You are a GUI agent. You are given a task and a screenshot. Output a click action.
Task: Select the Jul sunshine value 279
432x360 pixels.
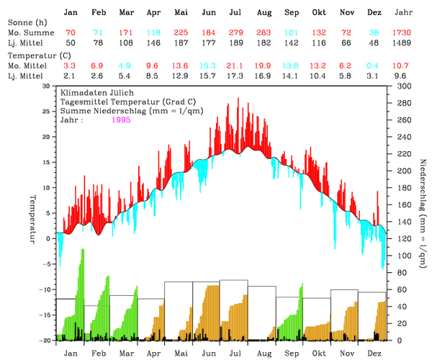click(235, 34)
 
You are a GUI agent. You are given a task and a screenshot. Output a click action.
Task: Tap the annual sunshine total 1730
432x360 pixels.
click(404, 34)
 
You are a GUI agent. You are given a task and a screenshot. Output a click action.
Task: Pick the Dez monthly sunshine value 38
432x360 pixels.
click(374, 34)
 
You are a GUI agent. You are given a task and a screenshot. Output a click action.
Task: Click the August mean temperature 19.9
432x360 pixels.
click(264, 66)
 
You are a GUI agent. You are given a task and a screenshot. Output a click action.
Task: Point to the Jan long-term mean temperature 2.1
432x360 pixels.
click(70, 76)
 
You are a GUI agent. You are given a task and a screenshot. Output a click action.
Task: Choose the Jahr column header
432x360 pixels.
click(404, 13)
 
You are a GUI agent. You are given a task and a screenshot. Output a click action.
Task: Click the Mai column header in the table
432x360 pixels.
click(181, 13)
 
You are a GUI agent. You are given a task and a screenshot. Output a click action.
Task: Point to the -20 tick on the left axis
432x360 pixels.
click(45, 339)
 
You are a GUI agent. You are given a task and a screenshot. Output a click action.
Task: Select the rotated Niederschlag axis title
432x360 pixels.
click(422, 212)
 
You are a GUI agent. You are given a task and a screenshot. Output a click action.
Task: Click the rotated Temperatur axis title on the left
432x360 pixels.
click(32, 218)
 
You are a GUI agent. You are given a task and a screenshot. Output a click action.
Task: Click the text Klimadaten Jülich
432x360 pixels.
click(91, 94)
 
